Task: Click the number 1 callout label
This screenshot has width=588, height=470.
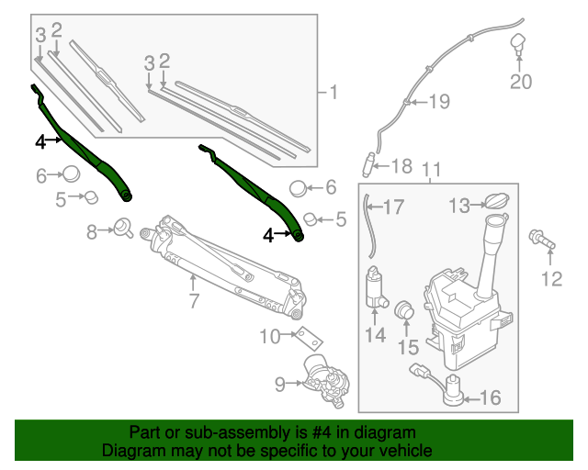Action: (x=333, y=92)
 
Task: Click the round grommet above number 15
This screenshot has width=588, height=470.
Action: (x=404, y=315)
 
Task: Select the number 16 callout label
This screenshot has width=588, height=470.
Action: (x=491, y=397)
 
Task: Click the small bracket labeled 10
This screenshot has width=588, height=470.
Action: (x=297, y=336)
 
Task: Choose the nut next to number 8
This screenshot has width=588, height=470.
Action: (x=122, y=229)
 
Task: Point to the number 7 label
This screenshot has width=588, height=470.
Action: (x=194, y=300)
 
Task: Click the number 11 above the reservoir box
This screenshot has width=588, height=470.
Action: (x=431, y=170)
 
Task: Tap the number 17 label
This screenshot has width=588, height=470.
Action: (x=393, y=207)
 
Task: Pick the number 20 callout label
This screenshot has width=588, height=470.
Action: (x=521, y=83)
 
